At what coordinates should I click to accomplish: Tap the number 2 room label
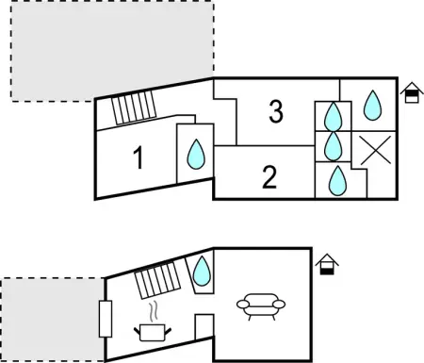(x=270, y=177)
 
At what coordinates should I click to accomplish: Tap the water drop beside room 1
(x=196, y=153)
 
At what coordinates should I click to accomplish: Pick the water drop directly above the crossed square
(x=372, y=106)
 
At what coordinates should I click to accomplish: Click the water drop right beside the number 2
(x=333, y=179)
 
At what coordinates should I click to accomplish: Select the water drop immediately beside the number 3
(x=332, y=117)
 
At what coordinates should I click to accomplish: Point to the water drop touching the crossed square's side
(x=332, y=147)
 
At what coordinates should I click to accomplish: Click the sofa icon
(x=258, y=305)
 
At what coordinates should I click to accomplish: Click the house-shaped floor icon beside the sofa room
(x=326, y=265)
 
